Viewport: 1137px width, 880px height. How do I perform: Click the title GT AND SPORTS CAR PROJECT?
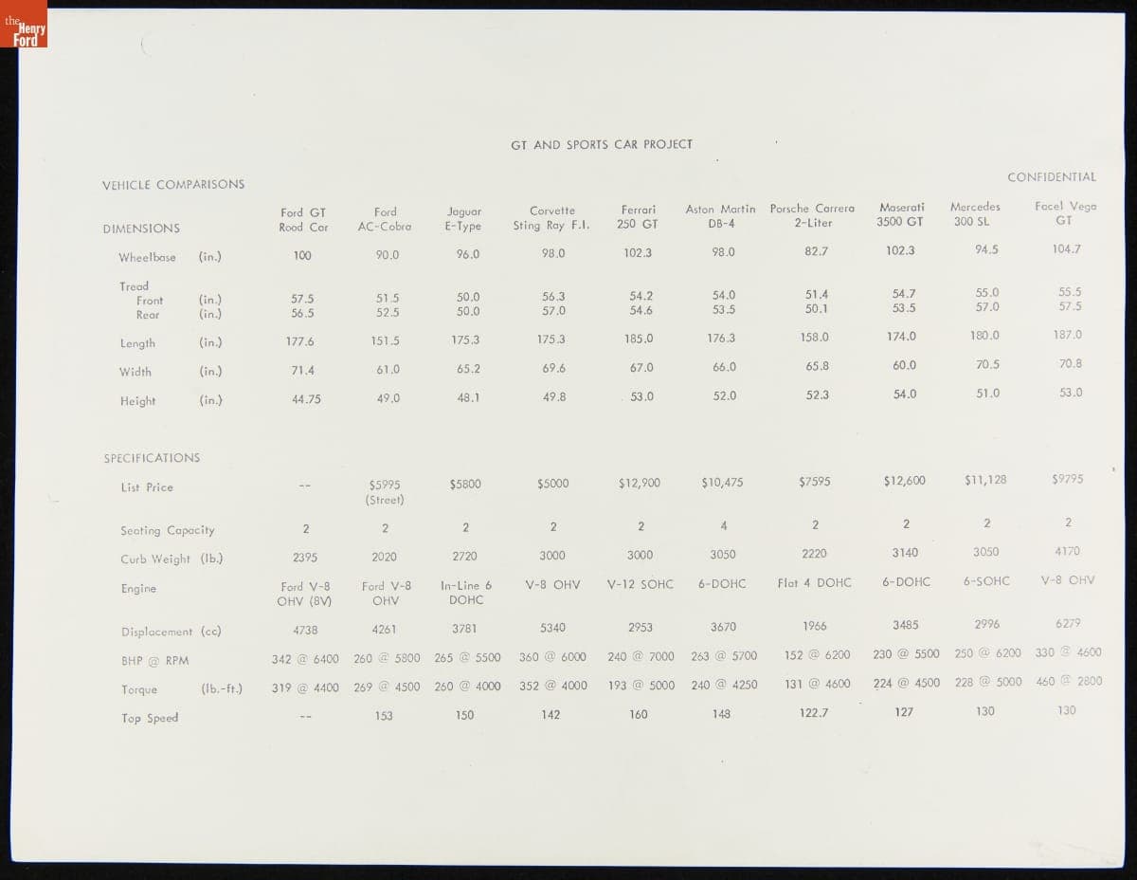pyautogui.click(x=602, y=145)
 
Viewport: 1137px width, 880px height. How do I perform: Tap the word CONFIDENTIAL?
pyautogui.click(x=1051, y=177)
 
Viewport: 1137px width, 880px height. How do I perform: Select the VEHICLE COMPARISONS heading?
pyautogui.click(x=173, y=185)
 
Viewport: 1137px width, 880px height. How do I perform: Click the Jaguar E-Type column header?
pyautogui.click(x=463, y=219)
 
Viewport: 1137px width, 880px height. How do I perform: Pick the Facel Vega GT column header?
pyautogui.click(x=1065, y=213)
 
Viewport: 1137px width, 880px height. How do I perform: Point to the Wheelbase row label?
pyautogui.click(x=147, y=258)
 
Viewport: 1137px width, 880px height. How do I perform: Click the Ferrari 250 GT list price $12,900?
pyautogui.click(x=639, y=484)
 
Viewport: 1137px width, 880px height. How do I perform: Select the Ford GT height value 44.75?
pyautogui.click(x=306, y=400)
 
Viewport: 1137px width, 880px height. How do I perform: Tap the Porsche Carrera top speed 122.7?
pyautogui.click(x=814, y=713)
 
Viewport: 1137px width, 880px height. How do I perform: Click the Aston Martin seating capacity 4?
pyautogui.click(x=724, y=526)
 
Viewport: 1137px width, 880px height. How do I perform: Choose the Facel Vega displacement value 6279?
pyautogui.click(x=1066, y=624)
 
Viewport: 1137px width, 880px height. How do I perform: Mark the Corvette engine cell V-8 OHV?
pyautogui.click(x=552, y=585)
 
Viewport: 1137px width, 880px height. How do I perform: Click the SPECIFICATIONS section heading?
pyautogui.click(x=152, y=458)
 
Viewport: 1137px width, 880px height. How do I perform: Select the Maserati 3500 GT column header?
pyautogui.click(x=900, y=214)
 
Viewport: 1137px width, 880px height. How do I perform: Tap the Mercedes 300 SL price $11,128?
pyautogui.click(x=985, y=481)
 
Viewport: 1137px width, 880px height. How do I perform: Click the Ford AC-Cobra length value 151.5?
pyautogui.click(x=385, y=341)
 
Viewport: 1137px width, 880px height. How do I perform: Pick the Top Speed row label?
pyautogui.click(x=150, y=719)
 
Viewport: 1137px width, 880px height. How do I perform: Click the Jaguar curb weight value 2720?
pyautogui.click(x=464, y=557)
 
